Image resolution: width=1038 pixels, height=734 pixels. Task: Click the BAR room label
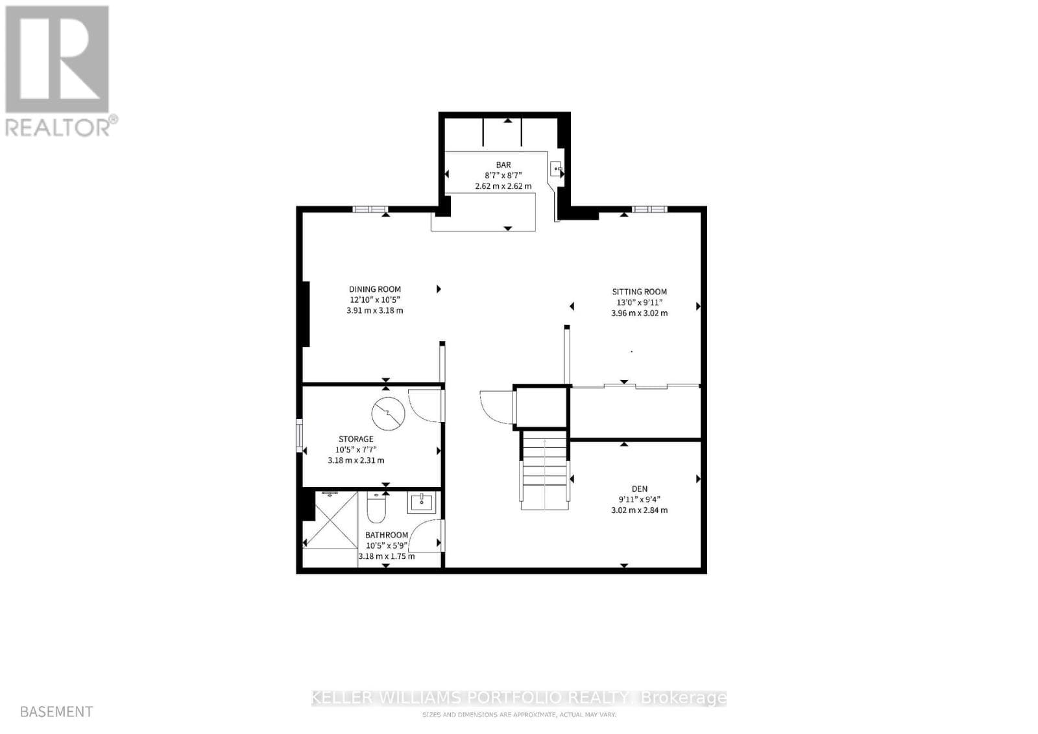tap(503, 165)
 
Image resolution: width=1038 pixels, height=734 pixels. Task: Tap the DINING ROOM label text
tap(375, 289)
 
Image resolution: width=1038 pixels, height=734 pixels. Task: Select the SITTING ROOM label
tap(639, 292)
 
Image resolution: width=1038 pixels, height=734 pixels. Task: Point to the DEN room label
tap(639, 489)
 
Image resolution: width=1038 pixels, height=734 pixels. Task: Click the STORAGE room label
tap(356, 439)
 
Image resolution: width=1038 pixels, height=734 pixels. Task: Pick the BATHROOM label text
tap(387, 535)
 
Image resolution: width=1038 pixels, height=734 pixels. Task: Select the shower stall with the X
tap(331, 520)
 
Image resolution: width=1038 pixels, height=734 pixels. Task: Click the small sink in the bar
tap(557, 170)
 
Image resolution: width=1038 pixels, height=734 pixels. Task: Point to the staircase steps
tap(546, 470)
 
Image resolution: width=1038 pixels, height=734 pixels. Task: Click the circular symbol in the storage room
tap(388, 414)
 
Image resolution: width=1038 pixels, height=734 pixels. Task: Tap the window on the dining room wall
tap(370, 209)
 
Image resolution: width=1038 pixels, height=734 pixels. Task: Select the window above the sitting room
tap(649, 209)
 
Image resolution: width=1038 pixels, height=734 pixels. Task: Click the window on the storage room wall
tap(299, 436)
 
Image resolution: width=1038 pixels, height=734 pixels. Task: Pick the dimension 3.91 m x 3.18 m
tap(375, 311)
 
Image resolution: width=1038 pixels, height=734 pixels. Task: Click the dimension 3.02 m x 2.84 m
tap(639, 510)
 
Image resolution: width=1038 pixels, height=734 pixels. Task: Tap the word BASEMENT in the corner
tap(56, 711)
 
